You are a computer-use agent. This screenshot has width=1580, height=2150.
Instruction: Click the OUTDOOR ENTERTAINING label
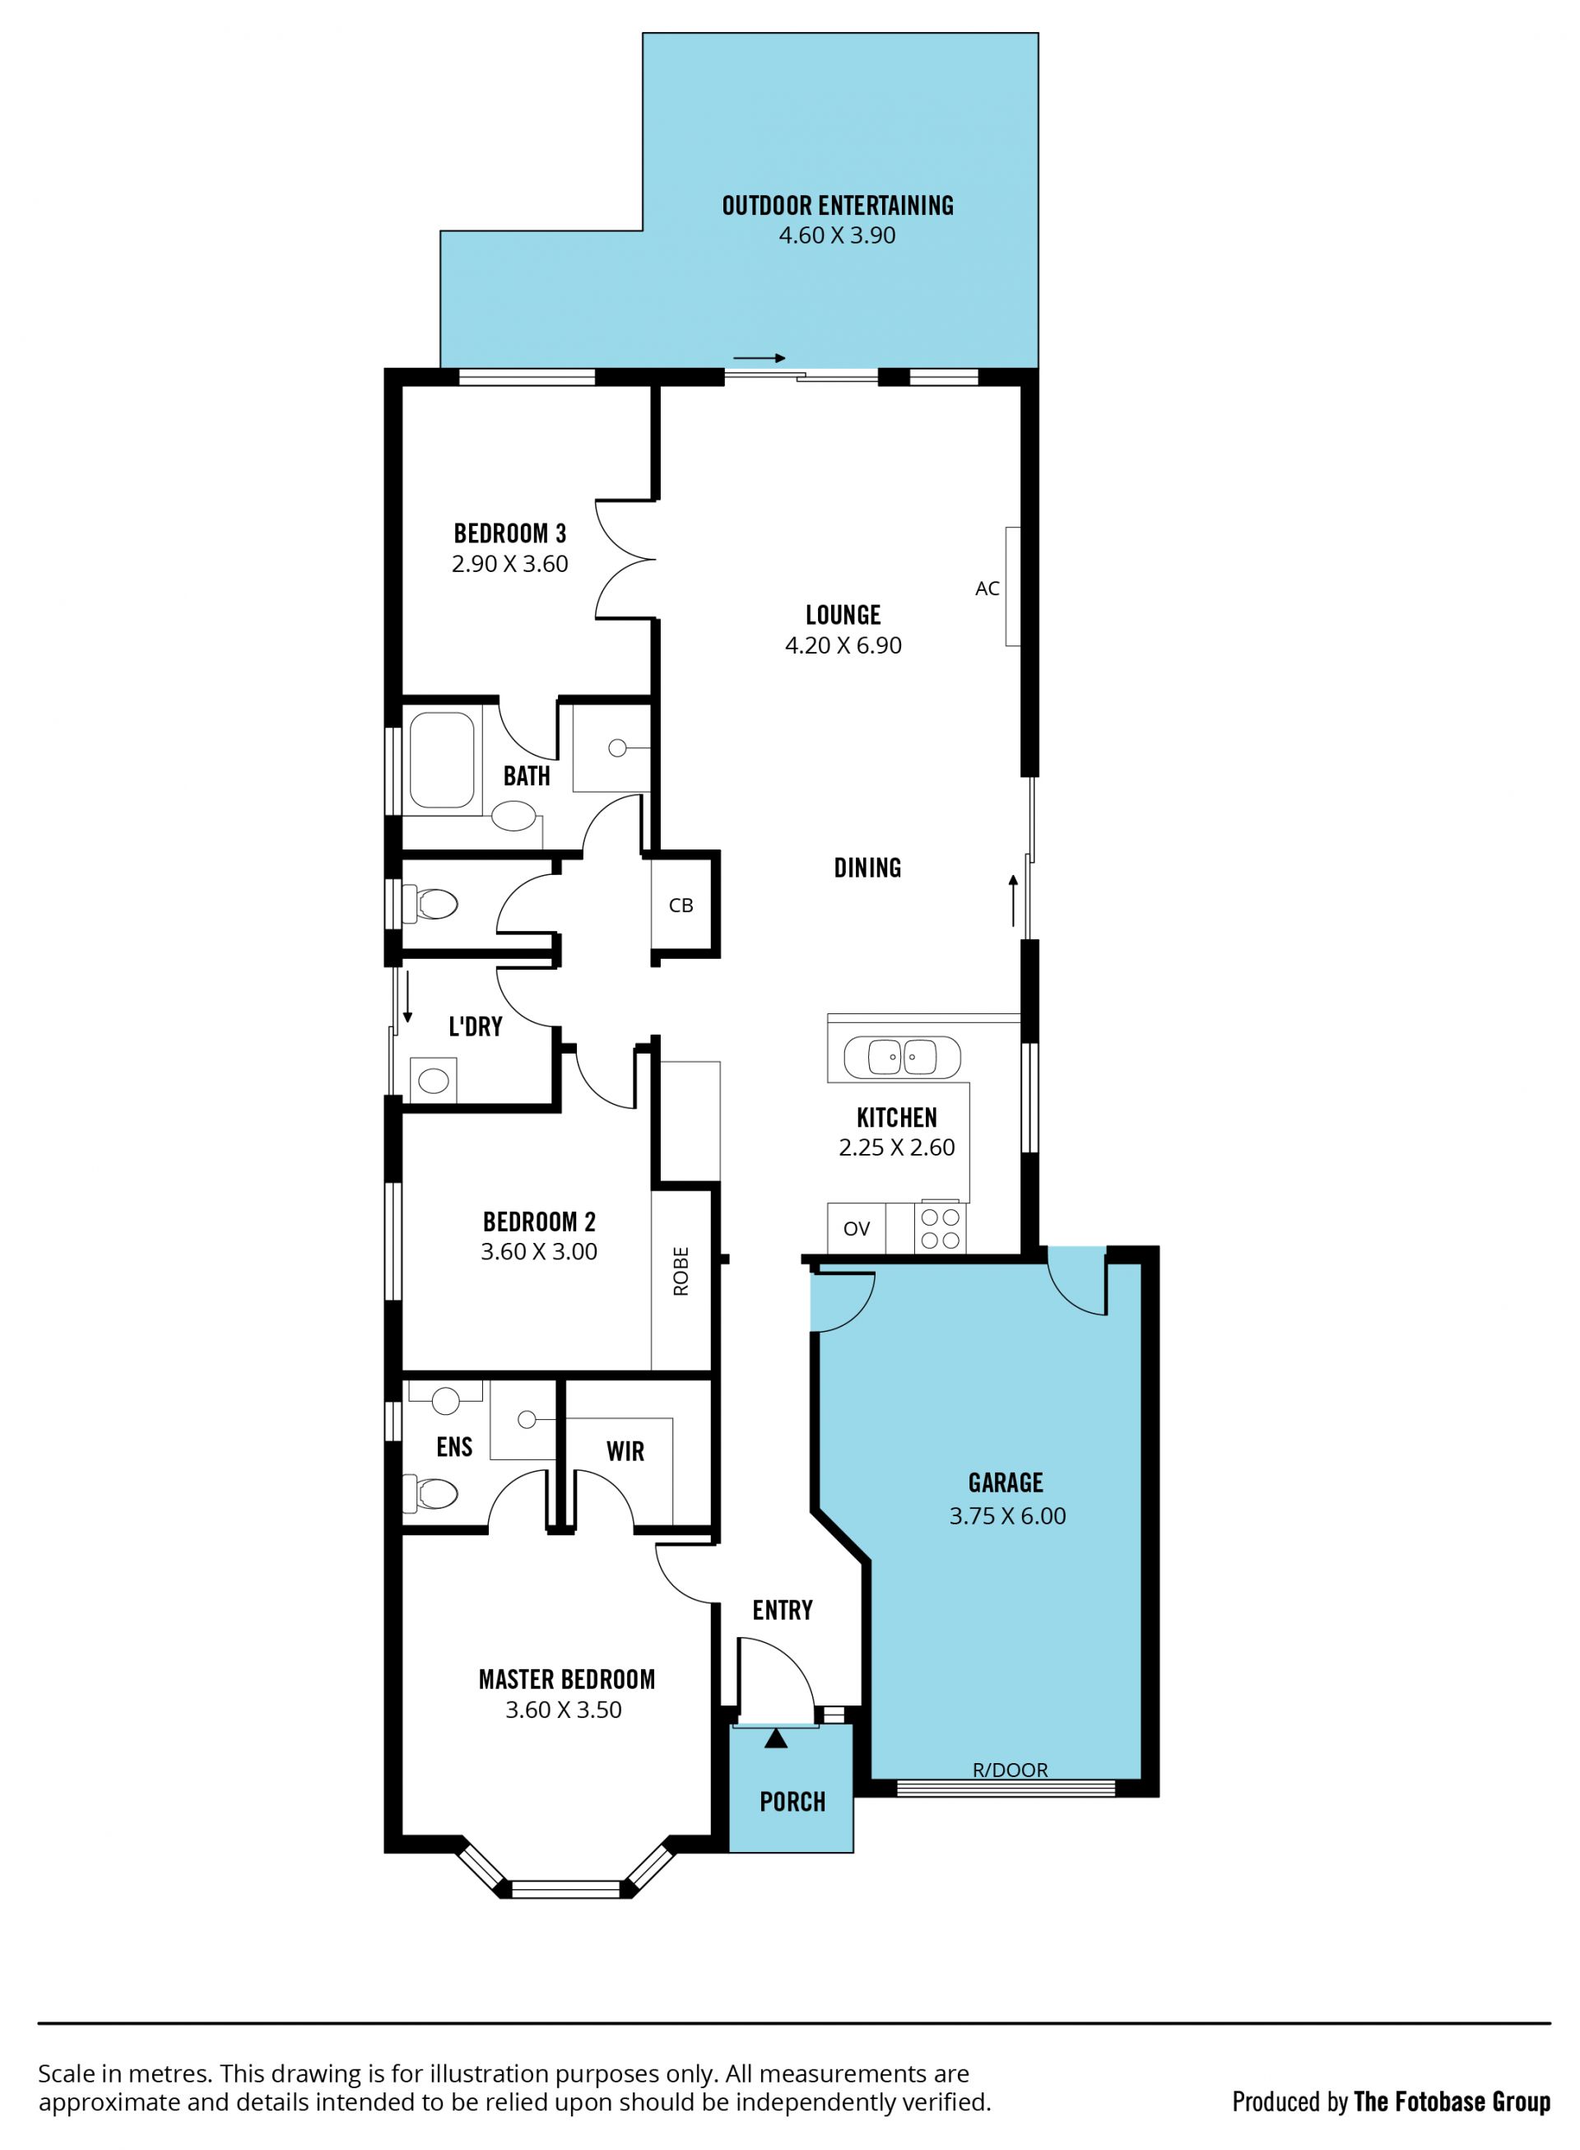point(837,206)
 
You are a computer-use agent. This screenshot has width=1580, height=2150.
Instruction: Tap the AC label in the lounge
point(987,589)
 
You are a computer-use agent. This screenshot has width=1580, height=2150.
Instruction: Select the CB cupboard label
point(681,905)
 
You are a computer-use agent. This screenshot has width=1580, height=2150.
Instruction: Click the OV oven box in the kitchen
point(856,1228)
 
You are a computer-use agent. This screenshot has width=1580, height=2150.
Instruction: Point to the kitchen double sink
point(902,1058)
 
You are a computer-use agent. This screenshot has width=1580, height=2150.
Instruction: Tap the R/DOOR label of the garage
point(1010,1770)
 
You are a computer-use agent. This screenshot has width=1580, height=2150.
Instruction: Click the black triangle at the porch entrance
point(776,1738)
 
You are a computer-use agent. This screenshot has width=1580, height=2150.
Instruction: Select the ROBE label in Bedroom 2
point(681,1271)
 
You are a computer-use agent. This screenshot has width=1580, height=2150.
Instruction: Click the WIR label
point(625,1452)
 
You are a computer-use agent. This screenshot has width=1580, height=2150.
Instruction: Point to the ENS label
point(454,1447)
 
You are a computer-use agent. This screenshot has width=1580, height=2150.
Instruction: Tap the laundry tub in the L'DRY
point(433,1081)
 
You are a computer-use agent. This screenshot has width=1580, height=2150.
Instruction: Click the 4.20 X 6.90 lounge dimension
point(843,645)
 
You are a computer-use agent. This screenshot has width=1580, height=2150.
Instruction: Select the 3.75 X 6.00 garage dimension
point(1007,1516)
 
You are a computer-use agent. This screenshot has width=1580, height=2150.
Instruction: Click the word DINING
point(867,868)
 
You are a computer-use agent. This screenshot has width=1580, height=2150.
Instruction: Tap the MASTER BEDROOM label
point(566,1679)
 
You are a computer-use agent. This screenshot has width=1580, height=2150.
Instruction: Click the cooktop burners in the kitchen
point(940,1229)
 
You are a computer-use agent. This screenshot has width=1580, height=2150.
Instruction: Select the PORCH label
point(792,1802)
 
